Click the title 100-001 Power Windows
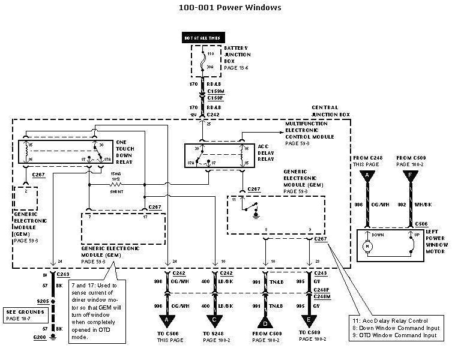tap(230, 8)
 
